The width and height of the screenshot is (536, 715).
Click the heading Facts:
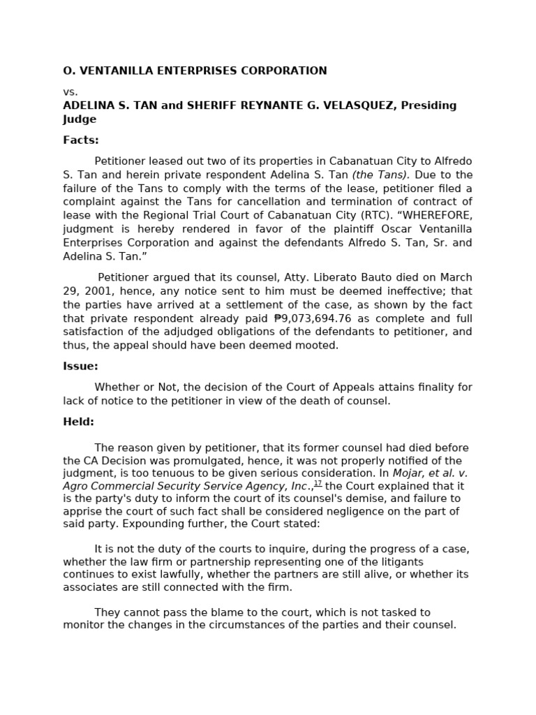click(81, 140)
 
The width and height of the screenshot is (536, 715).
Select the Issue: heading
click(80, 366)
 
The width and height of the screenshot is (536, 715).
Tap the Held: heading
click(78, 422)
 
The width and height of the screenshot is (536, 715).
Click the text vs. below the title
click(70, 91)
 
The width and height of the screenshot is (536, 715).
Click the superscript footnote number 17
click(318, 483)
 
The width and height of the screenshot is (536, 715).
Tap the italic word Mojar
click(410, 473)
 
